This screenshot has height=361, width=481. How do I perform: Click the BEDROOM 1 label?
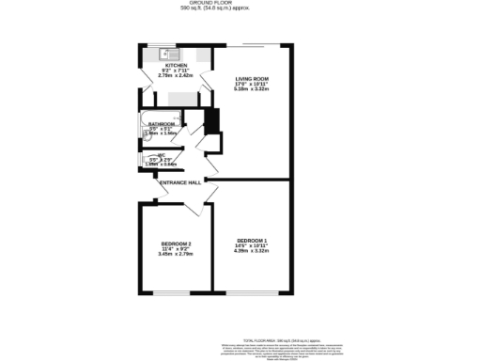252,241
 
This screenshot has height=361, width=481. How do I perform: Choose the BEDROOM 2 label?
176,244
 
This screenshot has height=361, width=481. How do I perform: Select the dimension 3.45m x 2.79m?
176,255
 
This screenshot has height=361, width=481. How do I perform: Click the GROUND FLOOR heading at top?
239,3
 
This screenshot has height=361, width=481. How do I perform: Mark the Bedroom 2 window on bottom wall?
177,292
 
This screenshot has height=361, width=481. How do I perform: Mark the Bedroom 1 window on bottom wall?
252,292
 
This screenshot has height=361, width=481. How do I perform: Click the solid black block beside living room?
211,123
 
